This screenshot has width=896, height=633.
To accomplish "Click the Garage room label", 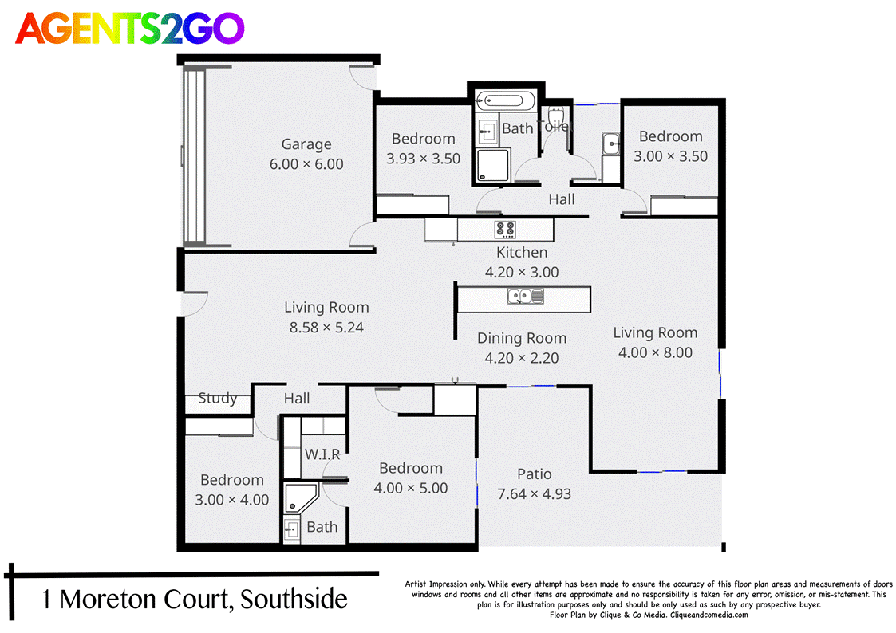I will point(306,144).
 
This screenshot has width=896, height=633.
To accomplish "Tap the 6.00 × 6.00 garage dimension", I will point(306,164).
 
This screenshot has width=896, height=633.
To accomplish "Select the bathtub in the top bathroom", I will point(509,102).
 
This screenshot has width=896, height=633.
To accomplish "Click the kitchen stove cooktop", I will point(506,230).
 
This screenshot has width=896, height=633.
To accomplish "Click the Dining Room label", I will point(522,338).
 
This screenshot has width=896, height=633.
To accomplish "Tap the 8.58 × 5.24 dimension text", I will point(326,327).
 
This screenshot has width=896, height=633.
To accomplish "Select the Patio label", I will point(534,474).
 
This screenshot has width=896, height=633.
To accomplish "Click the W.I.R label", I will point(322,454).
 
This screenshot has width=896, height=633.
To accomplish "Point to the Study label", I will point(217,399).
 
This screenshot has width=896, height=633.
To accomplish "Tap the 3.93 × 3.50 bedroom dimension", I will point(423,159).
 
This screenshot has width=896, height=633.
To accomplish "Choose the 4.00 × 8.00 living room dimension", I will point(655,352).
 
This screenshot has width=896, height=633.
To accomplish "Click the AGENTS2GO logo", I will point(130,29).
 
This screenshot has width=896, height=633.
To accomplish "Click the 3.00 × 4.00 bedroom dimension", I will point(232,500).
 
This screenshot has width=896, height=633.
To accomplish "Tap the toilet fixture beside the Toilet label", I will point(557,116).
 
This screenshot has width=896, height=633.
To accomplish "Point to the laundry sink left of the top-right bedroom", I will point(612,145).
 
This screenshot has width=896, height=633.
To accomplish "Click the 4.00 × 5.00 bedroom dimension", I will point(411,488).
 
